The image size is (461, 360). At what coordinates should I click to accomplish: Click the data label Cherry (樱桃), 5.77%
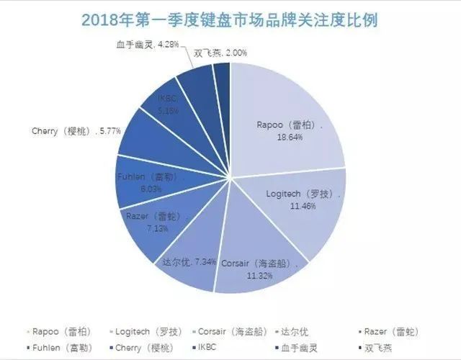(x=76, y=131)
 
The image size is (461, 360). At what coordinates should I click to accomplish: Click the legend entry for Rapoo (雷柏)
(x=61, y=331)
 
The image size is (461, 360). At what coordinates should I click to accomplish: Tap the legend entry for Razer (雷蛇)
(x=393, y=331)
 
